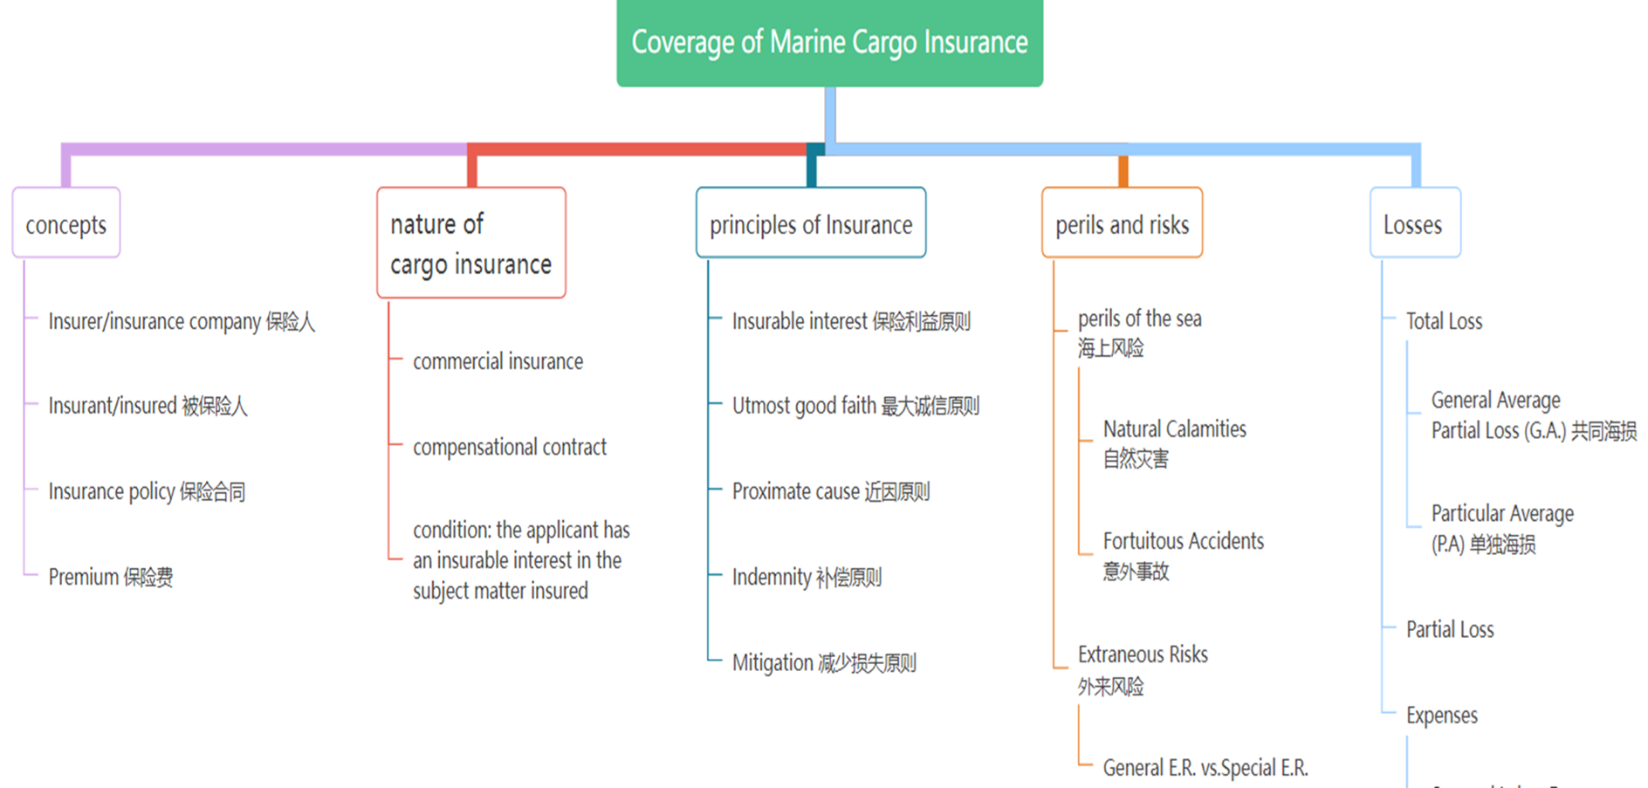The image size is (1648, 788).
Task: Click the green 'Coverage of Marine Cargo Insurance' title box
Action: pyautogui.click(x=829, y=42)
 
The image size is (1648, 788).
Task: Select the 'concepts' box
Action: pyautogui.click(x=66, y=224)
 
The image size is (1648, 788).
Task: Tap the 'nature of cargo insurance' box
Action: pyautogui.click(x=470, y=243)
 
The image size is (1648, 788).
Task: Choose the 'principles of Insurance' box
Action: pyautogui.click(x=810, y=224)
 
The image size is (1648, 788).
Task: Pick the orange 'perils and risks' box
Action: pyautogui.click(x=1122, y=224)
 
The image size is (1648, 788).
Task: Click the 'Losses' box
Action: pyautogui.click(x=1413, y=224)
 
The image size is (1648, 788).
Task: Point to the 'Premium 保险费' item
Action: pyautogui.click(x=111, y=577)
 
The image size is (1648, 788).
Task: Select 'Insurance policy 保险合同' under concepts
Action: pyautogui.click(x=147, y=491)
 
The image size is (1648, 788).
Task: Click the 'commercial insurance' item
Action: pyautogui.click(x=498, y=361)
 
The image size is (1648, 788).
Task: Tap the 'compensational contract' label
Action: pyautogui.click(x=510, y=447)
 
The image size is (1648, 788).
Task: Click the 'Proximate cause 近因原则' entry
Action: pyautogui.click(x=830, y=491)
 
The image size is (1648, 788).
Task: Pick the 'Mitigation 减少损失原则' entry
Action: pyautogui.click(x=824, y=662)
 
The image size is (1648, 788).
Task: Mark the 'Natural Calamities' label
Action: pyautogui.click(x=1174, y=429)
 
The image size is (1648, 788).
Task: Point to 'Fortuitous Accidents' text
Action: pyautogui.click(x=1183, y=541)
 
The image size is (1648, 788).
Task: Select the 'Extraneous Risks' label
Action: pyautogui.click(x=1143, y=654)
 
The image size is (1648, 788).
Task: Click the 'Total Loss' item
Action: pyautogui.click(x=1444, y=321)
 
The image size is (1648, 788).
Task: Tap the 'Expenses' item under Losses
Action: pyautogui.click(x=1441, y=716)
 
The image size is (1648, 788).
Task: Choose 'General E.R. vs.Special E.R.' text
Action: pyautogui.click(x=1205, y=768)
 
